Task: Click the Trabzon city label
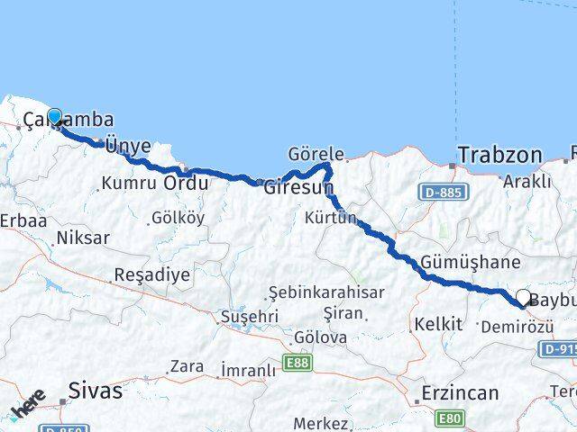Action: pos(499,155)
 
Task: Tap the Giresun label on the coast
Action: pos(298,188)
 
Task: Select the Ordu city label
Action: pos(186,183)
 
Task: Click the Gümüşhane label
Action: pos(470,262)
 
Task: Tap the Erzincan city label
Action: pos(460,392)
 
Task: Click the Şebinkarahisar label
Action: pos(326,292)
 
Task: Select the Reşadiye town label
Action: pos(151,274)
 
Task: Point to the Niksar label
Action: pos(82,238)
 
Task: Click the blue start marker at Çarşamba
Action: pos(55,117)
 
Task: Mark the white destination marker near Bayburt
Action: pos(523,297)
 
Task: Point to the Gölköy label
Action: pos(179,218)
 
